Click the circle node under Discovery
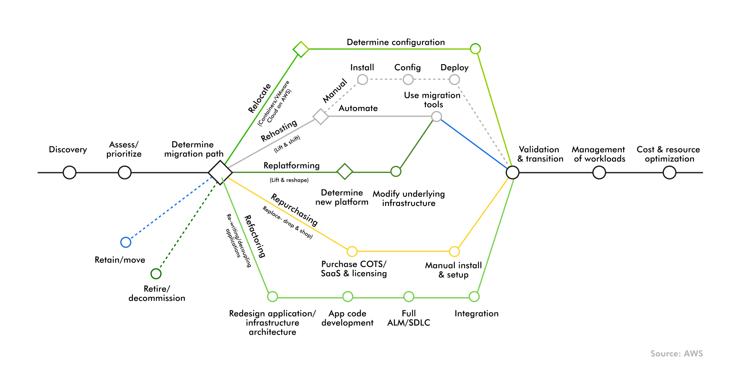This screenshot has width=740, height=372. point(69,172)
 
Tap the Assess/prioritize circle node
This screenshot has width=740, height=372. point(125,172)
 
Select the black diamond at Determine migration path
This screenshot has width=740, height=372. point(220,172)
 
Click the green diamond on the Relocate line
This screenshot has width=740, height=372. point(301,49)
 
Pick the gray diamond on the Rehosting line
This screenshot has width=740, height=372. point(321,116)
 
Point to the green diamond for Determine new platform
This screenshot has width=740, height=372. point(345,171)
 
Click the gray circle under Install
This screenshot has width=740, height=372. point(362,79)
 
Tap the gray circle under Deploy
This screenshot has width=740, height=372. point(454,79)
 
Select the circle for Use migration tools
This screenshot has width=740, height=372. point(437,117)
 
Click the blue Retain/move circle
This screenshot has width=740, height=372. point(126,242)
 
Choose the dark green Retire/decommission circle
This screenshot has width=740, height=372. point(156,273)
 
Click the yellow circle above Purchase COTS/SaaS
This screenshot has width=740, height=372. point(352,251)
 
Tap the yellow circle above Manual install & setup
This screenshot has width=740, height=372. point(454,251)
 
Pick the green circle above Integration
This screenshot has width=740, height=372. point(474,296)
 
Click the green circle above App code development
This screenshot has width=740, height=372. point(348,296)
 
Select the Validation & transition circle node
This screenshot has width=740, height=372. point(512,172)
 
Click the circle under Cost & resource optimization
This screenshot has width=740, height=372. point(669,172)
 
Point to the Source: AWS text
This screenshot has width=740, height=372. point(676,354)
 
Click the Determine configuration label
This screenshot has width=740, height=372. point(395,42)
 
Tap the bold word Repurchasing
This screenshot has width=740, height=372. point(294,210)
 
